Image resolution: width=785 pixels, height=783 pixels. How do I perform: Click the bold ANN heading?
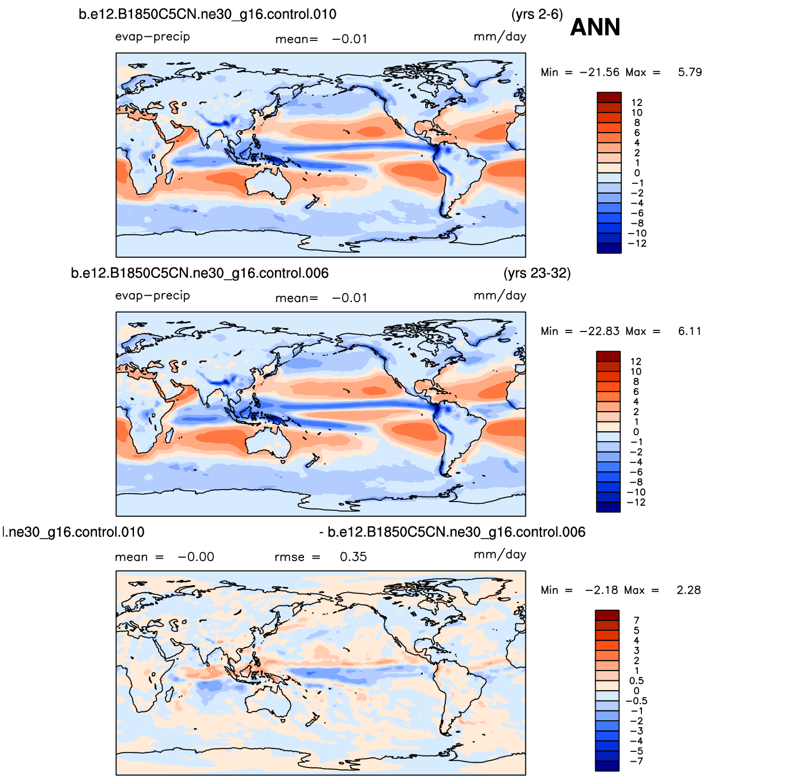click(x=595, y=27)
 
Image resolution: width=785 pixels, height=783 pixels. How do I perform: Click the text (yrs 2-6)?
click(x=536, y=14)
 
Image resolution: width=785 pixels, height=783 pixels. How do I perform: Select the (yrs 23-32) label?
click(x=536, y=273)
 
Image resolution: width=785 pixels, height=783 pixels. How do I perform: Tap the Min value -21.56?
click(x=599, y=72)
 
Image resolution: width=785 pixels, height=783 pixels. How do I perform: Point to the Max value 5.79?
click(x=690, y=72)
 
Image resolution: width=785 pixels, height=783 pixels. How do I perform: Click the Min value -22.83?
click(x=599, y=331)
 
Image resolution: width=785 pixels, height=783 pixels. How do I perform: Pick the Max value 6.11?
click(x=690, y=331)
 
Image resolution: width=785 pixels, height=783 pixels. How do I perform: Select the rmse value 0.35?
click(x=353, y=557)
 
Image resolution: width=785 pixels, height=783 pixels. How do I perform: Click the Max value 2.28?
click(x=689, y=590)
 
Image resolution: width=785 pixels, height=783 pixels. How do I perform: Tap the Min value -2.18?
click(x=602, y=590)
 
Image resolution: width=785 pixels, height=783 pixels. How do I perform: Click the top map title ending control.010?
click(x=207, y=14)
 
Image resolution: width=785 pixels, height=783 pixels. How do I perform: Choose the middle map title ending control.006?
click(x=200, y=273)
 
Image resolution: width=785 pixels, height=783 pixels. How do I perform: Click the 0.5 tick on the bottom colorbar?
click(x=636, y=681)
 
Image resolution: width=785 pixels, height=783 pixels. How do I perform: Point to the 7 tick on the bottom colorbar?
click(x=636, y=620)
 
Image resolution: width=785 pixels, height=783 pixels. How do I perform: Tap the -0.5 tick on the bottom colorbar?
click(x=636, y=701)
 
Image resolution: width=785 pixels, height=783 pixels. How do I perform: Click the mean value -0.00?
click(x=196, y=557)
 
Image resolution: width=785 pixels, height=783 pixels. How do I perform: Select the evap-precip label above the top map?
click(x=152, y=36)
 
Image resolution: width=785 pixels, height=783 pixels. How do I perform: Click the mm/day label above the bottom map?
click(x=499, y=554)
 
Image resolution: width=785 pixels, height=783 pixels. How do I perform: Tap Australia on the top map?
click(x=268, y=185)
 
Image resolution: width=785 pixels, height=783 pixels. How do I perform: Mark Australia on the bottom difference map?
click(x=268, y=702)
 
